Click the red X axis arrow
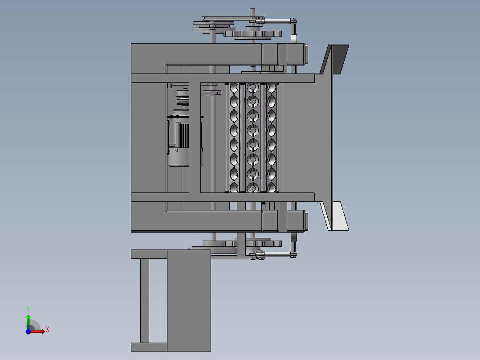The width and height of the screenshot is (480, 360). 37,331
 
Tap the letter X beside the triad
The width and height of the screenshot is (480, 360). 48,330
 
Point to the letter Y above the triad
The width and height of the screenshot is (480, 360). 28,310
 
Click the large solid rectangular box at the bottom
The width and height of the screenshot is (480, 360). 189,300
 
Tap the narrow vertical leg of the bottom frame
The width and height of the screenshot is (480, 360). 144,301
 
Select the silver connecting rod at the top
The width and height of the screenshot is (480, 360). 277,21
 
